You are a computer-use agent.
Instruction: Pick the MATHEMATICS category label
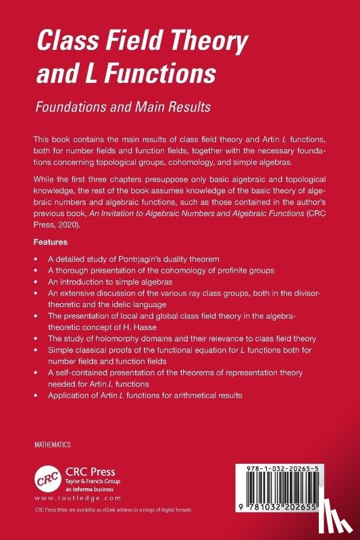pyautogui.click(x=53, y=446)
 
